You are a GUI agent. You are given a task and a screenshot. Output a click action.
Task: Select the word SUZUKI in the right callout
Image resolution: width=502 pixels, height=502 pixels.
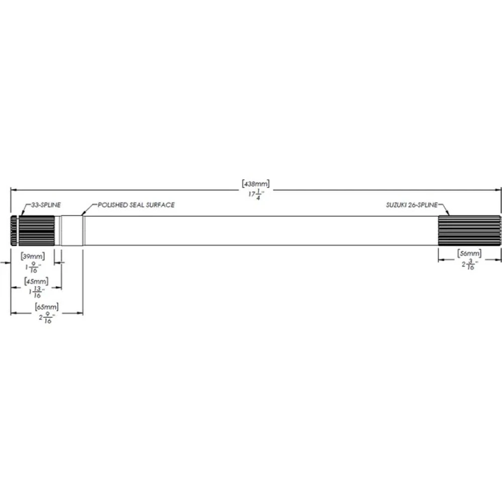pyautogui.click(x=396, y=205)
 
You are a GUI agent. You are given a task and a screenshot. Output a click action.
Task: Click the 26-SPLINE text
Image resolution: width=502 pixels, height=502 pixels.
pyautogui.click(x=424, y=205)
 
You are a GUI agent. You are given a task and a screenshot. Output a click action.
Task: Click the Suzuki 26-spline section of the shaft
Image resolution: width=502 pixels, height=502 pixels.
pyautogui.click(x=469, y=230)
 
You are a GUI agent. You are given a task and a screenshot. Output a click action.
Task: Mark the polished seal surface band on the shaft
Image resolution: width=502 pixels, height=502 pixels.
pyautogui.click(x=73, y=230)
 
